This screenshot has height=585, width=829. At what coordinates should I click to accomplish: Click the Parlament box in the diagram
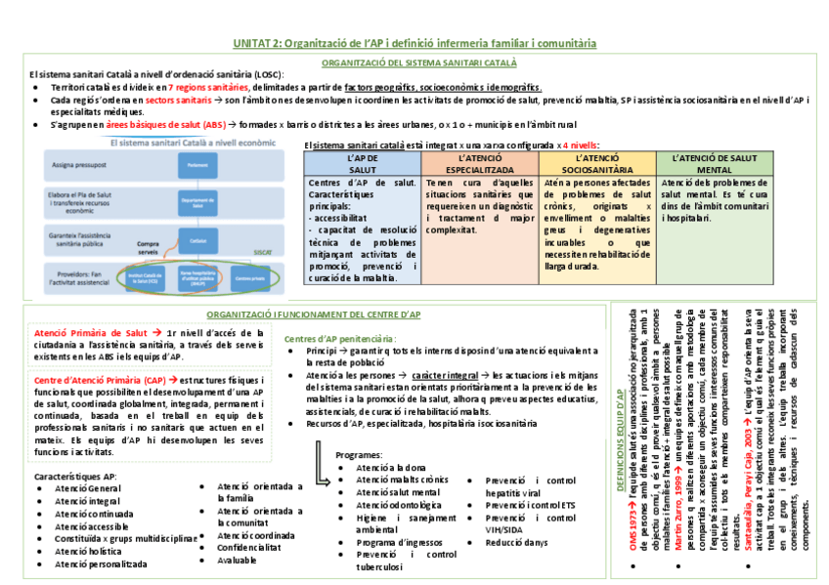click(x=197, y=166)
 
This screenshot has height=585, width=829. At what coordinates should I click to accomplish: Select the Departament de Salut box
click(x=197, y=204)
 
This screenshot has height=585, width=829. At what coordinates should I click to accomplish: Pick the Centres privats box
click(x=250, y=277)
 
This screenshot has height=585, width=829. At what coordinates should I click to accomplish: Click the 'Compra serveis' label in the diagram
click(x=150, y=248)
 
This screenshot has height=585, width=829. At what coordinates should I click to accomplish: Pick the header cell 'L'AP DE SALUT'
click(x=362, y=163)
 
